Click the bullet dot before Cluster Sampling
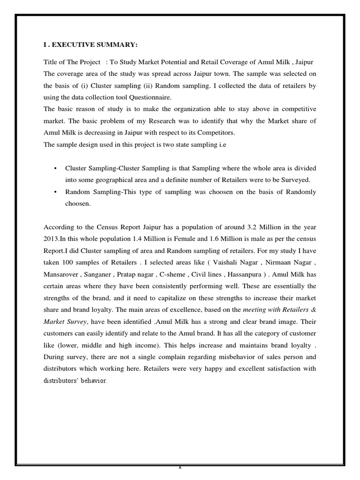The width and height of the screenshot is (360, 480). click(56, 168)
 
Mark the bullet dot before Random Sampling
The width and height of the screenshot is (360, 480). click(56, 192)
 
